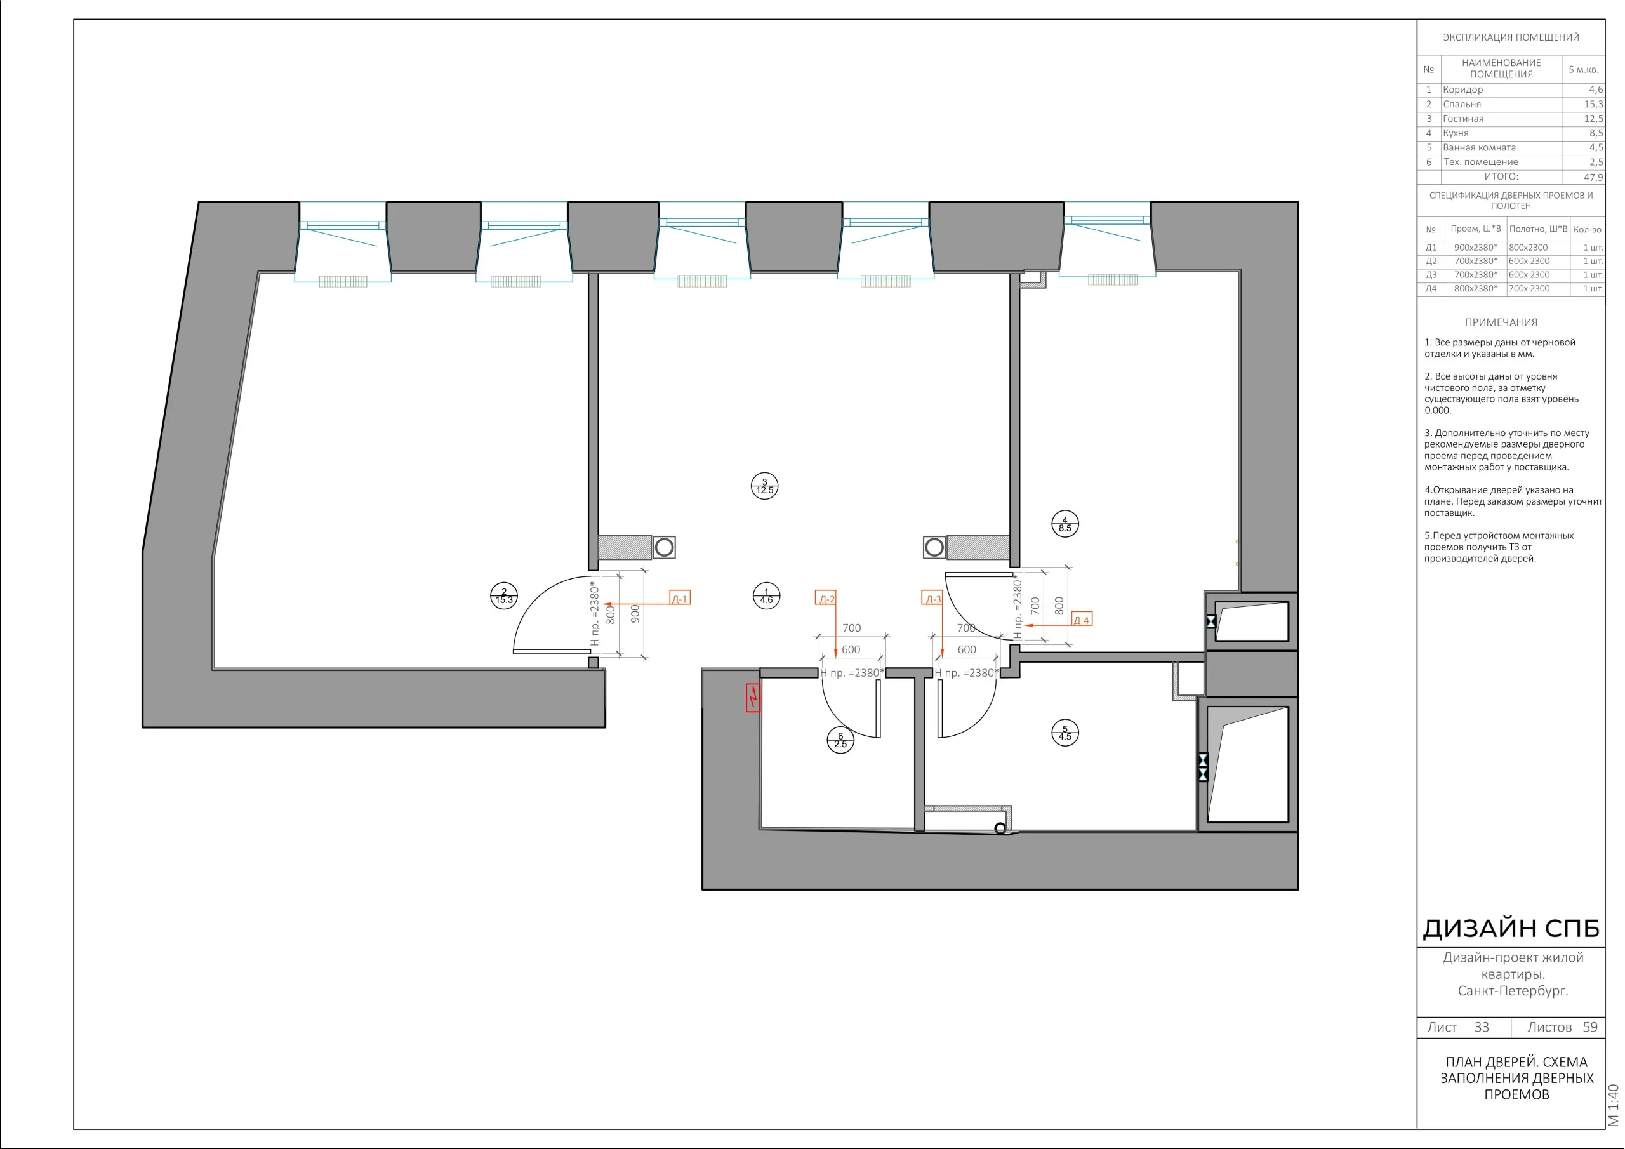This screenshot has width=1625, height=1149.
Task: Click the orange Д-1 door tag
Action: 679,598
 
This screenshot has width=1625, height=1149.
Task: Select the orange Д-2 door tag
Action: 826,598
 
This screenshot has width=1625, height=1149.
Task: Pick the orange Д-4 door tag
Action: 1081,620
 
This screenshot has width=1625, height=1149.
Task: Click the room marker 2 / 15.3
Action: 504,596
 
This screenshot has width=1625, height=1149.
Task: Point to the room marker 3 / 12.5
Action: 764,486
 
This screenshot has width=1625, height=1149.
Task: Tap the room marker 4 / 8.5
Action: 1065,524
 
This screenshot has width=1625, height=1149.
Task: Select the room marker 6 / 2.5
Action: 840,741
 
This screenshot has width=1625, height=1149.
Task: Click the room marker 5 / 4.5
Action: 1065,733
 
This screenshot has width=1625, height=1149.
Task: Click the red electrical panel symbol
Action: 753,697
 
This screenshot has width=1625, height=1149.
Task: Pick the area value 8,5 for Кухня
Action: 1595,133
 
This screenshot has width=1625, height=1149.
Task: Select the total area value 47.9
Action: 1593,177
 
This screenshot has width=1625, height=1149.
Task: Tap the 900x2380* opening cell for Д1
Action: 1476,248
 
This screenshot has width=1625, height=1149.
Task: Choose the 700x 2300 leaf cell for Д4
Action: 1529,289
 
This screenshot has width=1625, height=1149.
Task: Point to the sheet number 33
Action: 1482,1027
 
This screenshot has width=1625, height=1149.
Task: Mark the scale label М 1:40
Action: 1614,1105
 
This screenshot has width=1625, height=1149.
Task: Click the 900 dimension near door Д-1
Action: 635,613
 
